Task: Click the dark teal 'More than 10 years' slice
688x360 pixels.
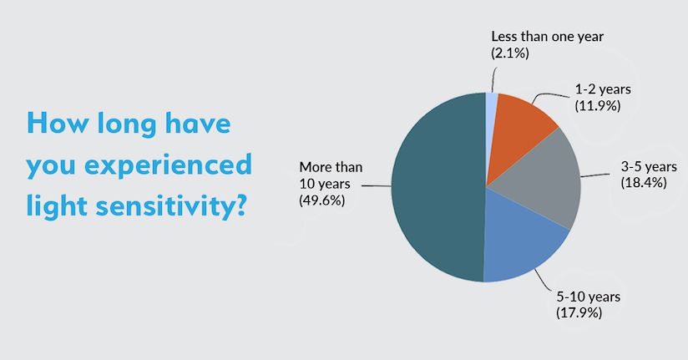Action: tap(434, 188)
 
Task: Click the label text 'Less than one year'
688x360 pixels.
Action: tap(547, 37)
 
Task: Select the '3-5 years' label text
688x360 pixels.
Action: tap(641, 167)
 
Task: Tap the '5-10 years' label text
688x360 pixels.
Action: tap(588, 297)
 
